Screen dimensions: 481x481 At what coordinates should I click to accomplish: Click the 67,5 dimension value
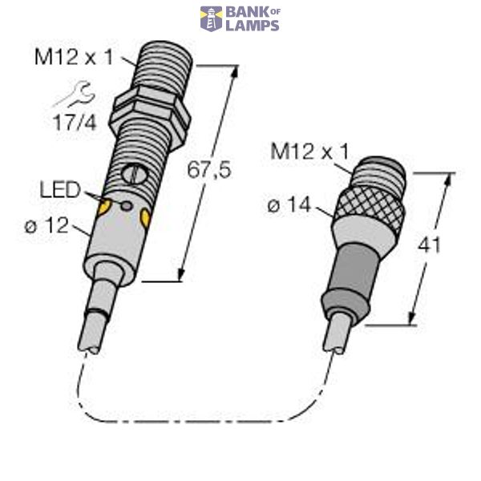[204, 170]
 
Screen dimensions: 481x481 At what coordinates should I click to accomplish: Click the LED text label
[60, 190]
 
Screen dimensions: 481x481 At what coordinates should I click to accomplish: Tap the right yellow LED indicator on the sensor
[145, 216]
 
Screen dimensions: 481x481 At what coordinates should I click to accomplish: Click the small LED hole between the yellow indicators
[126, 205]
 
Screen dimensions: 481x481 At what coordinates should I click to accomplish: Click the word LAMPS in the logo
[252, 26]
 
